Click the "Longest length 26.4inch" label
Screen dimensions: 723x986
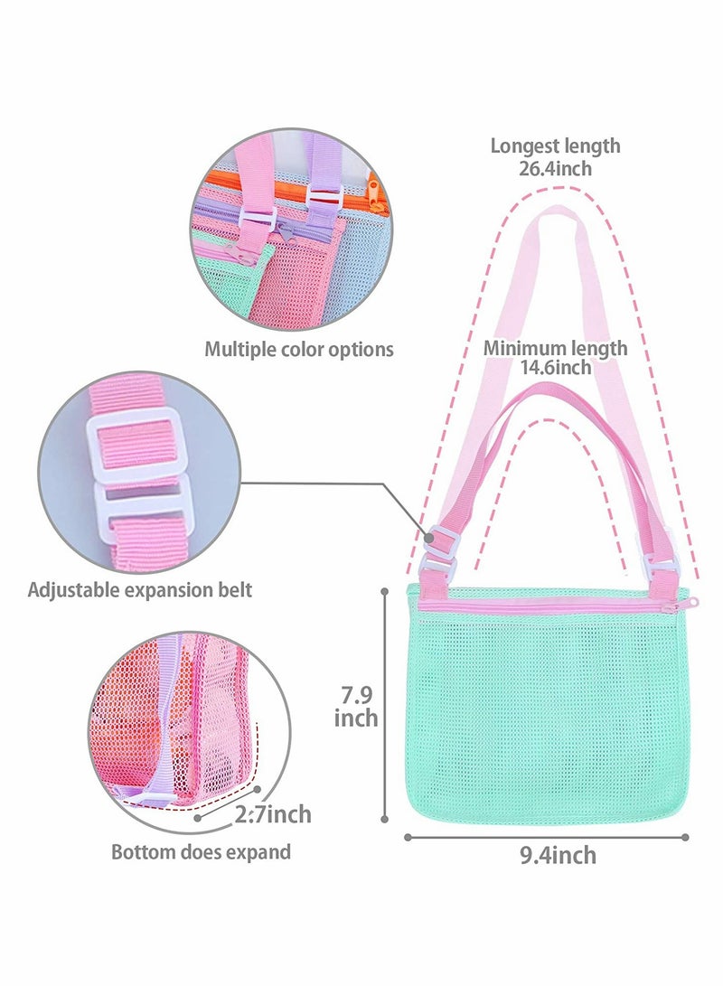[555, 156]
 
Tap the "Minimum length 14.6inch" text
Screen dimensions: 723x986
[555, 357]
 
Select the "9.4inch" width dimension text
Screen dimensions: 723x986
[558, 855]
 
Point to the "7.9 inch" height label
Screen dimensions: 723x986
[356, 706]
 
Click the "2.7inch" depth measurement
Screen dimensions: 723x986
[274, 813]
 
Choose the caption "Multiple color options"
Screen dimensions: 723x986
[298, 349]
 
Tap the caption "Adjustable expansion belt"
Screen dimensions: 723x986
[139, 590]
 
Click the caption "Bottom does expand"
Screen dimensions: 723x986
[202, 852]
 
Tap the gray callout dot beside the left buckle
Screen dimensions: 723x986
[429, 539]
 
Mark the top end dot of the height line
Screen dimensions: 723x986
[385, 590]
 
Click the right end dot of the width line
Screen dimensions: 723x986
[685, 837]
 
